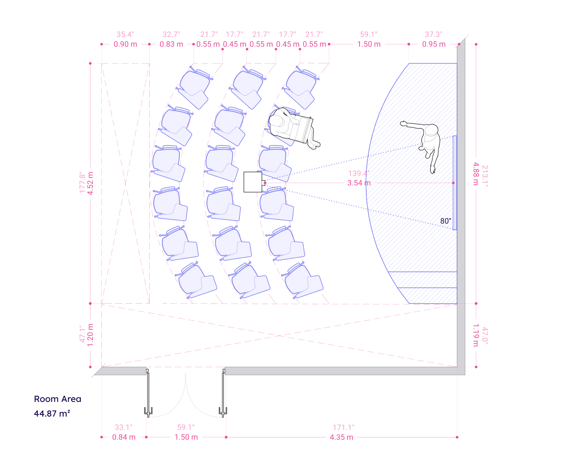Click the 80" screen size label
(x=445, y=221)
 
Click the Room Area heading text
(x=58, y=399)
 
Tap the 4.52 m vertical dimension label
(x=91, y=183)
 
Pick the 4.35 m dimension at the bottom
(x=341, y=437)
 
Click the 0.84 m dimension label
(x=124, y=437)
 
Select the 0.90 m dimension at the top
(x=125, y=44)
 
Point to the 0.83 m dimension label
(x=171, y=44)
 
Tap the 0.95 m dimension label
(x=434, y=44)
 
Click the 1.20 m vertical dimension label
(x=91, y=335)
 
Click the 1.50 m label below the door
(x=186, y=437)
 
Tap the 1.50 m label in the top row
(x=368, y=44)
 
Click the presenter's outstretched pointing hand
(x=403, y=123)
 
